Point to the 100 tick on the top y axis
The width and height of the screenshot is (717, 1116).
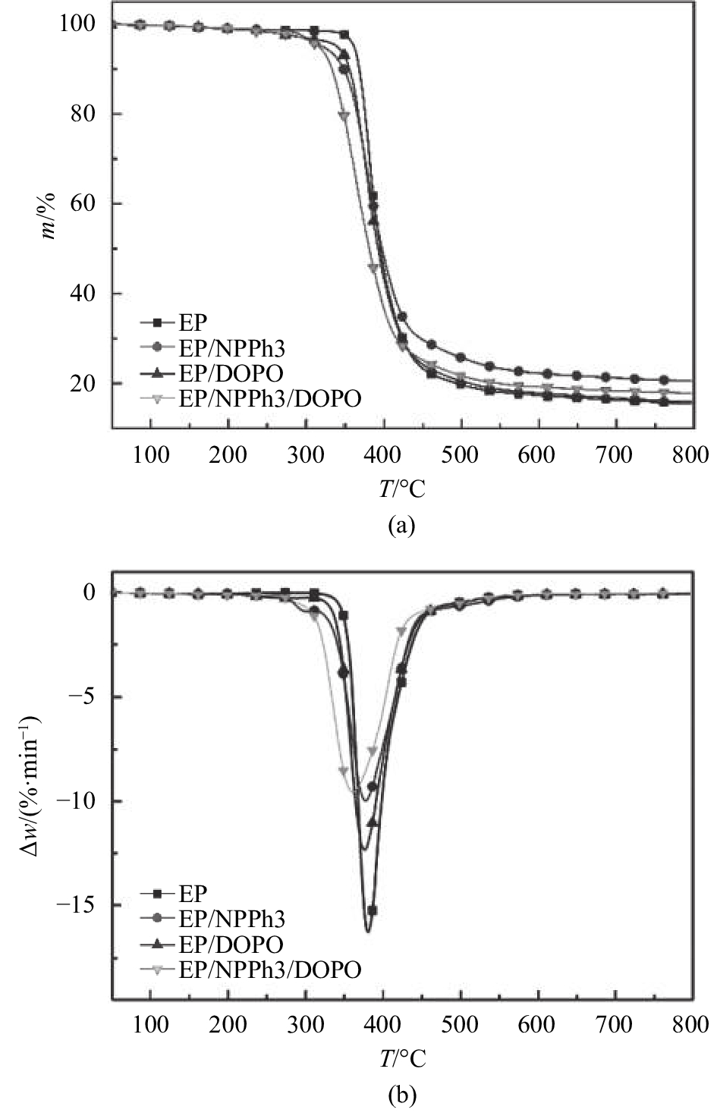point(77,24)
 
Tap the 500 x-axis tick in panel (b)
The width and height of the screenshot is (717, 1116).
point(461,1025)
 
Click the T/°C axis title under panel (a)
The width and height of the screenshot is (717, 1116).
point(402,489)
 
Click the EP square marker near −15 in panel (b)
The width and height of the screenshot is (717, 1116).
point(372,910)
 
